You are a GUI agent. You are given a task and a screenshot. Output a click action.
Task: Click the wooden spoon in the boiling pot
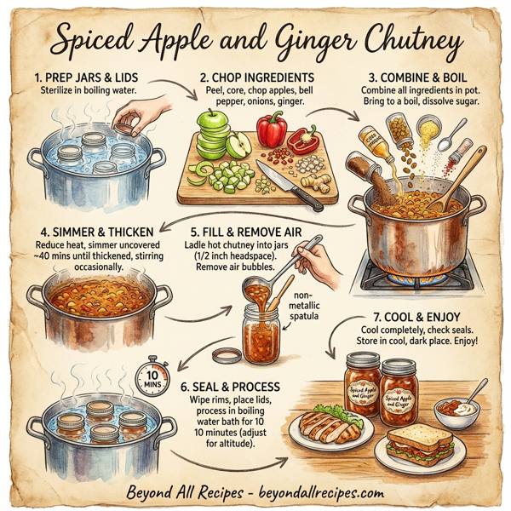[461, 180]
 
